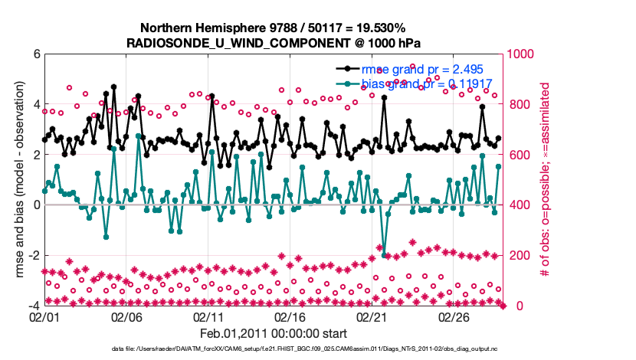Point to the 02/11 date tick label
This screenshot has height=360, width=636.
208,316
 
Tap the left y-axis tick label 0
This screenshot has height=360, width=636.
36,205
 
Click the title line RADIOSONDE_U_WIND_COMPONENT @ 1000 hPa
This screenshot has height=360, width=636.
273,42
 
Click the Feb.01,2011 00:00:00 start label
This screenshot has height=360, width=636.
274,333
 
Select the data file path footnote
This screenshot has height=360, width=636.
273,349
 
